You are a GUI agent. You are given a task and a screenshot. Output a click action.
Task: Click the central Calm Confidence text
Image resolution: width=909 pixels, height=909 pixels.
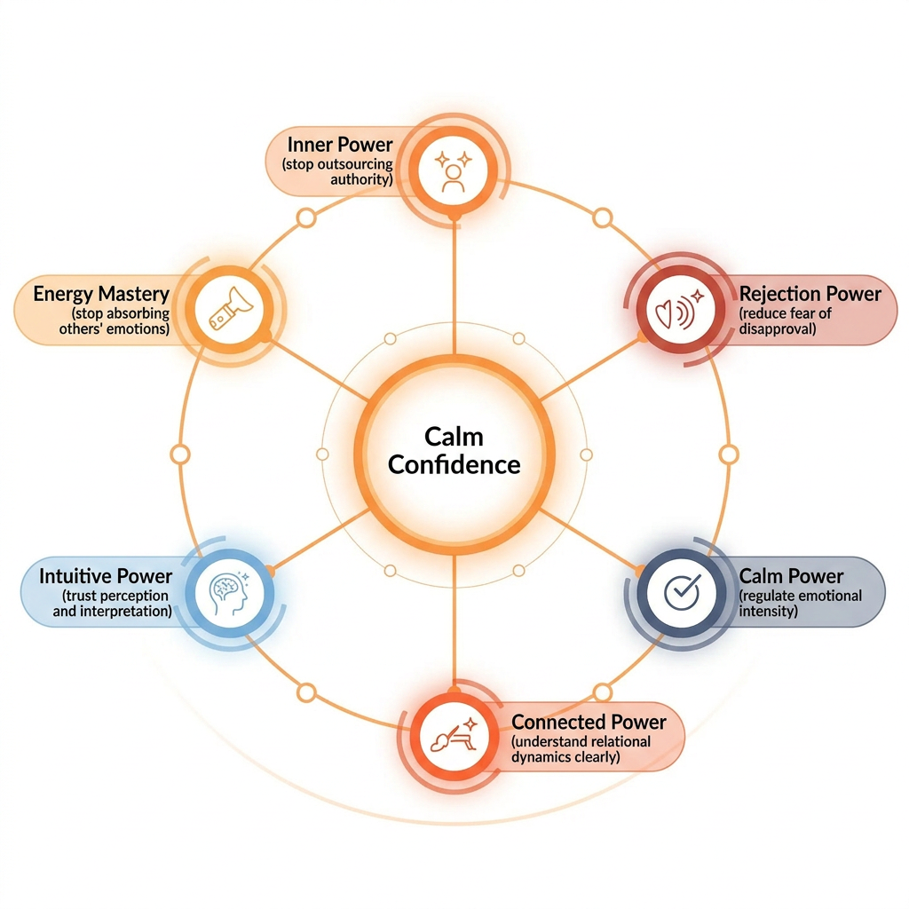point(454,450)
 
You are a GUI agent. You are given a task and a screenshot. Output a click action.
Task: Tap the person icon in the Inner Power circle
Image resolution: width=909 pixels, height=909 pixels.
point(454,171)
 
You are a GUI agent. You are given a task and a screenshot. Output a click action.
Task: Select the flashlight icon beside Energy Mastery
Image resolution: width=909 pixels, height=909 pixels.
point(231,309)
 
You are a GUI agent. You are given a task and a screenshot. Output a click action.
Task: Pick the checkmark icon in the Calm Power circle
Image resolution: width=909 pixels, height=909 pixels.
point(682,592)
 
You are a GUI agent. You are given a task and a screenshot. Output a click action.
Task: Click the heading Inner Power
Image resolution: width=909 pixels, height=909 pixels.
point(340,145)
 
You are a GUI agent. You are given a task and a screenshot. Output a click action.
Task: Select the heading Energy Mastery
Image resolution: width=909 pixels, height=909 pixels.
point(101,294)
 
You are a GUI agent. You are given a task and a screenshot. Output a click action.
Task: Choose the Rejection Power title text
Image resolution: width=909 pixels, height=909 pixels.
point(810,294)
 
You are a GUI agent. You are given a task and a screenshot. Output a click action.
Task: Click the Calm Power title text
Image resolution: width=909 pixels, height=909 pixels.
point(791,576)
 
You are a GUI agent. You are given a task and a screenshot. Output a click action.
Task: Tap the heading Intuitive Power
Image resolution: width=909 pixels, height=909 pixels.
point(106,576)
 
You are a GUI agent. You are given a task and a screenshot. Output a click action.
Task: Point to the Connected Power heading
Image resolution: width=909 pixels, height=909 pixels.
point(589,723)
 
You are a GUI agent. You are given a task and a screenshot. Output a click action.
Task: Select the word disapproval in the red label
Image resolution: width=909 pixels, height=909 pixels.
point(778,329)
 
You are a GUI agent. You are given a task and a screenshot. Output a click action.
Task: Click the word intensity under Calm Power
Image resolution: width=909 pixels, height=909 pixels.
point(768,611)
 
